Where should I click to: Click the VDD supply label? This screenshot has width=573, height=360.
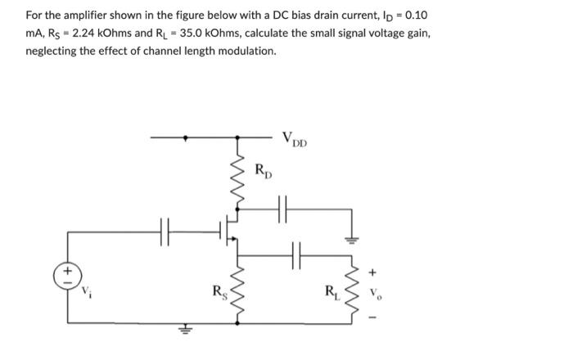[295, 139]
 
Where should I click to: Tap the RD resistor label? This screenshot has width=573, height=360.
[263, 171]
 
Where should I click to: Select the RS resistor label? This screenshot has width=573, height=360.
[218, 290]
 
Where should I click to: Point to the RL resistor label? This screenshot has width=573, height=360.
[331, 290]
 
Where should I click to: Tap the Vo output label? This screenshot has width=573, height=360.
[376, 290]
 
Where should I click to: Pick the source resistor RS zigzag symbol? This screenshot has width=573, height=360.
[239, 287]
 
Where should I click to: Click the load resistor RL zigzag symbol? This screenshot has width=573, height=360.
[354, 287]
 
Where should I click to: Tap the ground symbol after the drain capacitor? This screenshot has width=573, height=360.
[353, 240]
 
